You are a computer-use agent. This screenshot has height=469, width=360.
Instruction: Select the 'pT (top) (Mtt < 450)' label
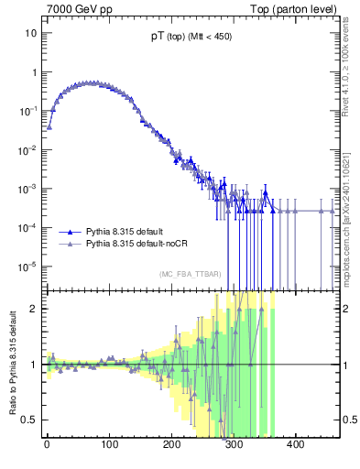coord(190,39)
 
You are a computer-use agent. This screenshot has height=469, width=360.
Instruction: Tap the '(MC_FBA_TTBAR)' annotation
coord(190,274)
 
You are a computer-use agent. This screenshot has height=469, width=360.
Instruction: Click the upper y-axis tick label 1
coord(34,72)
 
